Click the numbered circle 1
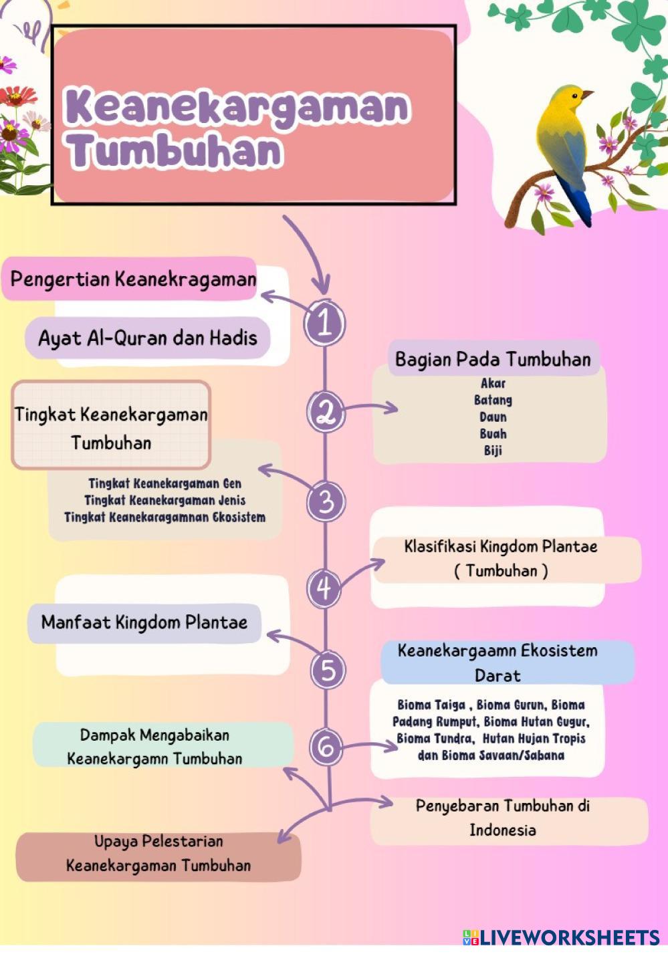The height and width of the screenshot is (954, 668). pos(324,324)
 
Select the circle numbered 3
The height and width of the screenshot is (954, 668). pos(326,501)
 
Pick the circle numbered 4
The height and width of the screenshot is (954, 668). pos(324,589)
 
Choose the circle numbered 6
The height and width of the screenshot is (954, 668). pos(326,747)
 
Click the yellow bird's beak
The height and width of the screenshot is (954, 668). pos(588,94)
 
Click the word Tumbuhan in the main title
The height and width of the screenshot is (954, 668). pos(175,151)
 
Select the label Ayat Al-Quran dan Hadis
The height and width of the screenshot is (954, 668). pos(147,338)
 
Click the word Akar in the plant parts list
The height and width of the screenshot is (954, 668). pos(493,383)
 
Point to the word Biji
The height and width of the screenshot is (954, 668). pos(493,451)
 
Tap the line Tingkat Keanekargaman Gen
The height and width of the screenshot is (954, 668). pos(164,484)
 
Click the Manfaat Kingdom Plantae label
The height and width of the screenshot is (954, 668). pos(144,622)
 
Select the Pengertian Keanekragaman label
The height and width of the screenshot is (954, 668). pos(133,280)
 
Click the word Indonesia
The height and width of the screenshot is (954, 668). pos(503,830)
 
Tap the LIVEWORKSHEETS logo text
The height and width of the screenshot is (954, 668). pos(570,937)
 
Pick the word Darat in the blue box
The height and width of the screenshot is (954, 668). pos(497,676)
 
